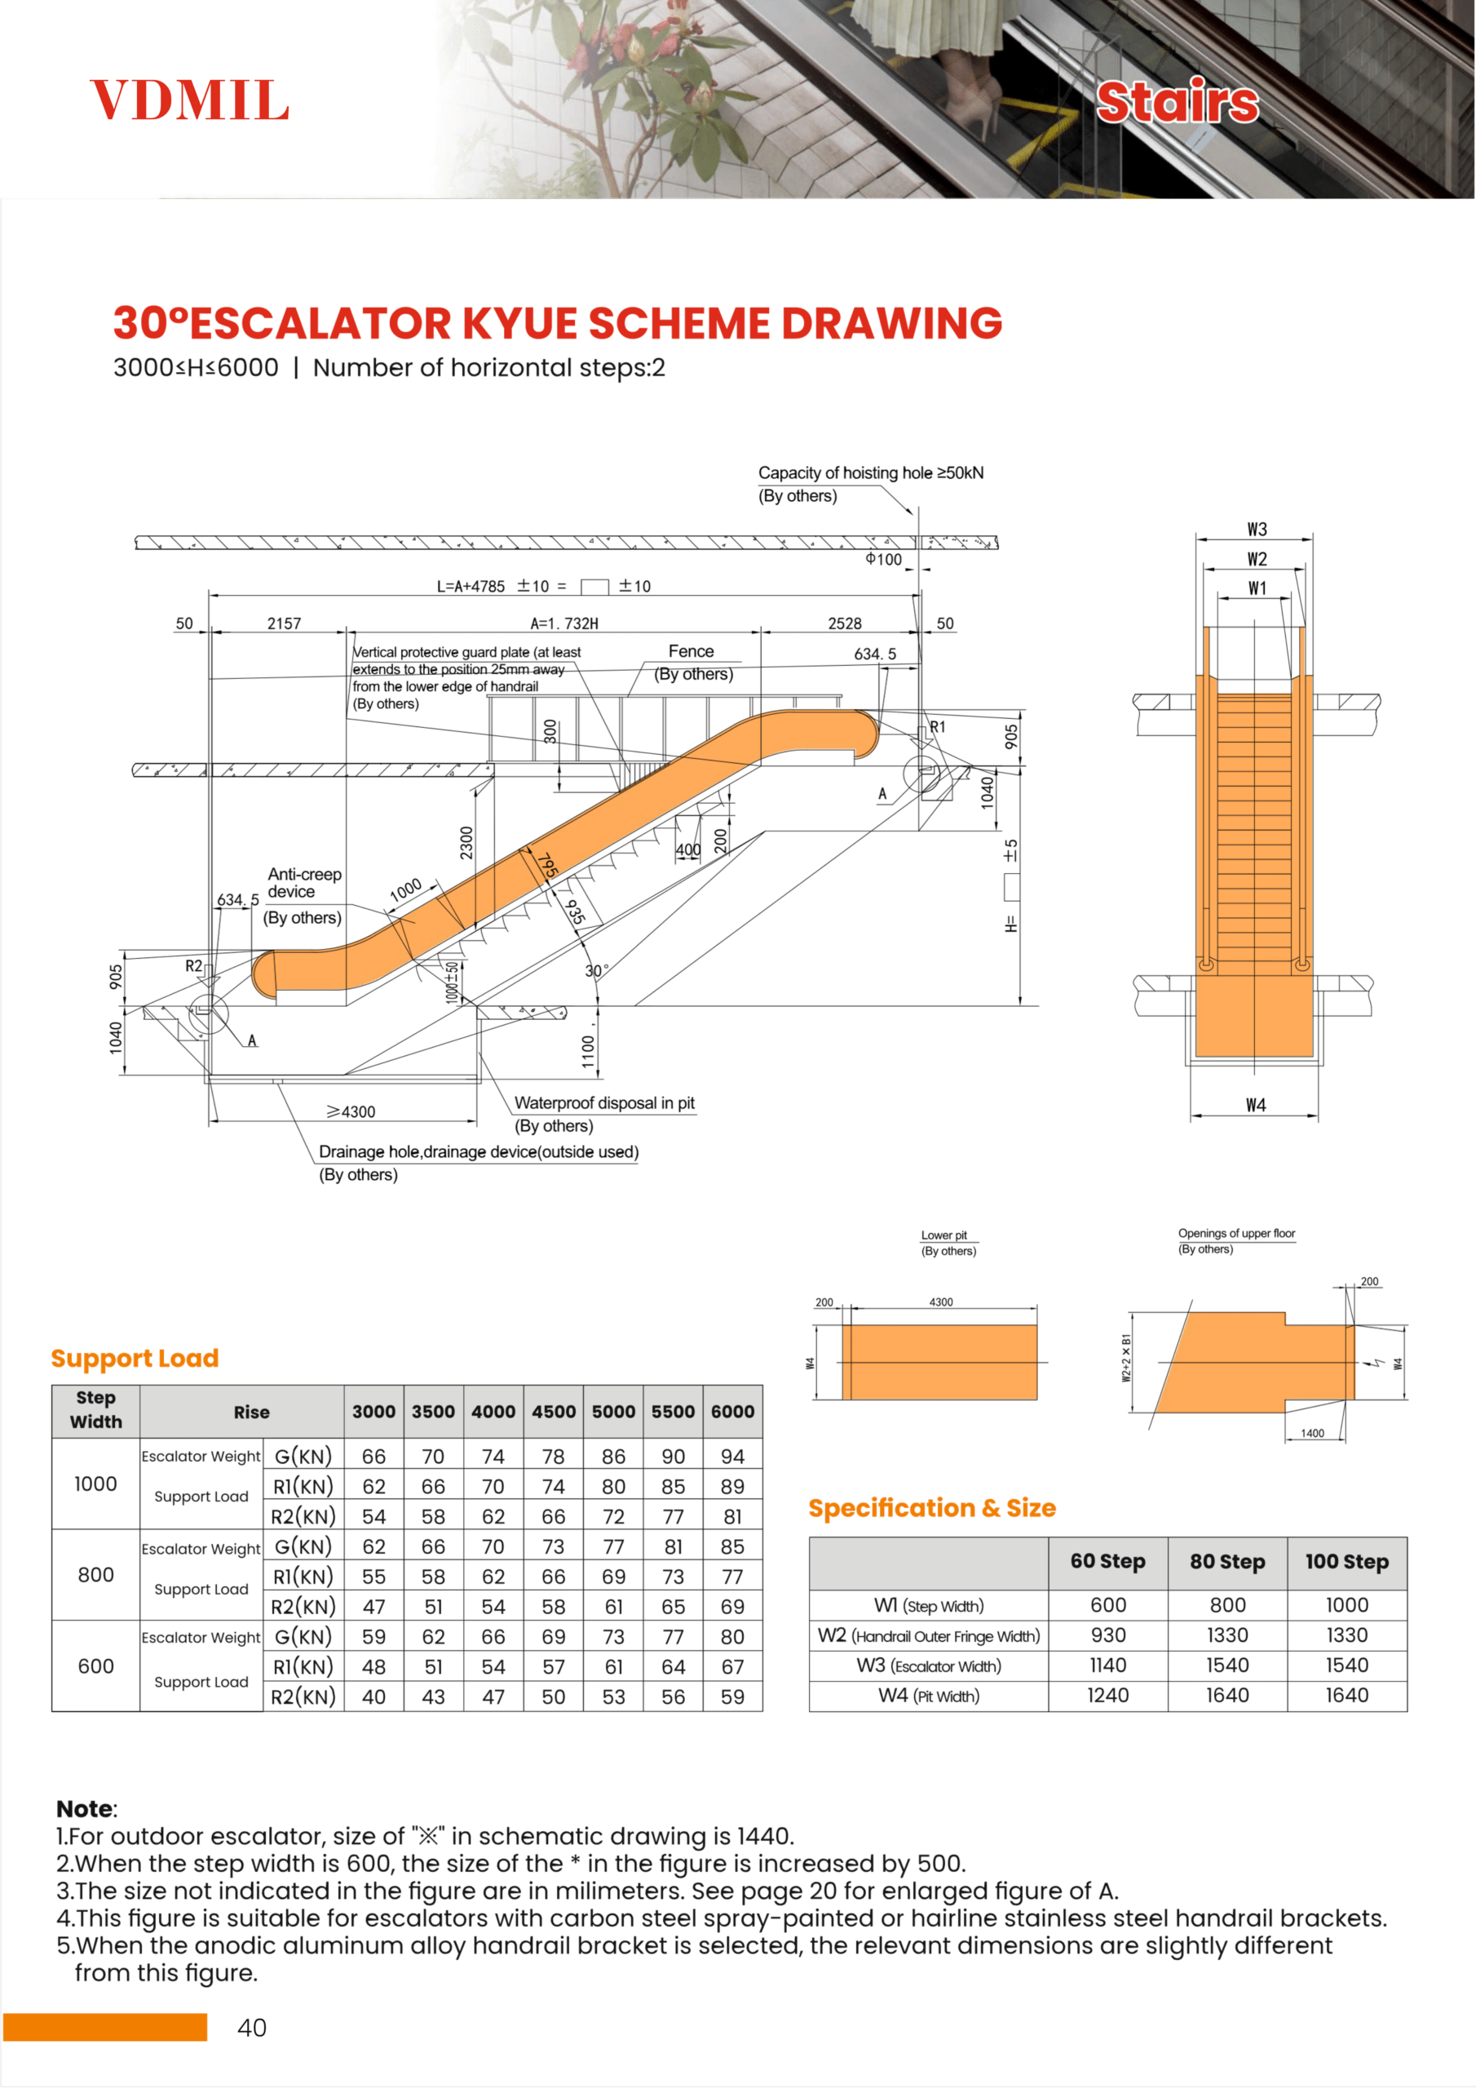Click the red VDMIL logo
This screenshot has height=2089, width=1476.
point(189,100)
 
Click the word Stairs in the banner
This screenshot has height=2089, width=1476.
point(1177,101)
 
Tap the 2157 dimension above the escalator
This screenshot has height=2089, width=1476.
point(284,623)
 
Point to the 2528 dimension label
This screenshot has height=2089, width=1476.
point(844,623)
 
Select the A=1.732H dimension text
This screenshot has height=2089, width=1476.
point(563,623)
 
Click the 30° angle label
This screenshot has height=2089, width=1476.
point(595,971)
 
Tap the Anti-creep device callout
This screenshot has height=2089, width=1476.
point(303,883)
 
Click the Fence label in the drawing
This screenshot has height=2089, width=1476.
point(692,651)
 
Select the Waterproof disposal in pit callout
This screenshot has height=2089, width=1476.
point(604,1102)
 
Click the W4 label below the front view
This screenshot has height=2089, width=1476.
point(1255,1105)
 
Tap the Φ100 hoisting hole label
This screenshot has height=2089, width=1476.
point(883,560)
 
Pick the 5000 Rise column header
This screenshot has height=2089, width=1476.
point(613,1411)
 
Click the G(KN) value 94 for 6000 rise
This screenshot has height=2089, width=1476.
point(732,1457)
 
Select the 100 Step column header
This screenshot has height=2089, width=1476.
point(1346,1561)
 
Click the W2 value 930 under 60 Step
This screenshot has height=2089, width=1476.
point(1107,1635)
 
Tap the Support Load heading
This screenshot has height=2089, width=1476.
point(135,1359)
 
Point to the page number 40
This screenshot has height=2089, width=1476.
point(252,2027)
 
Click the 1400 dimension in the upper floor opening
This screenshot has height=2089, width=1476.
point(1311,1433)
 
